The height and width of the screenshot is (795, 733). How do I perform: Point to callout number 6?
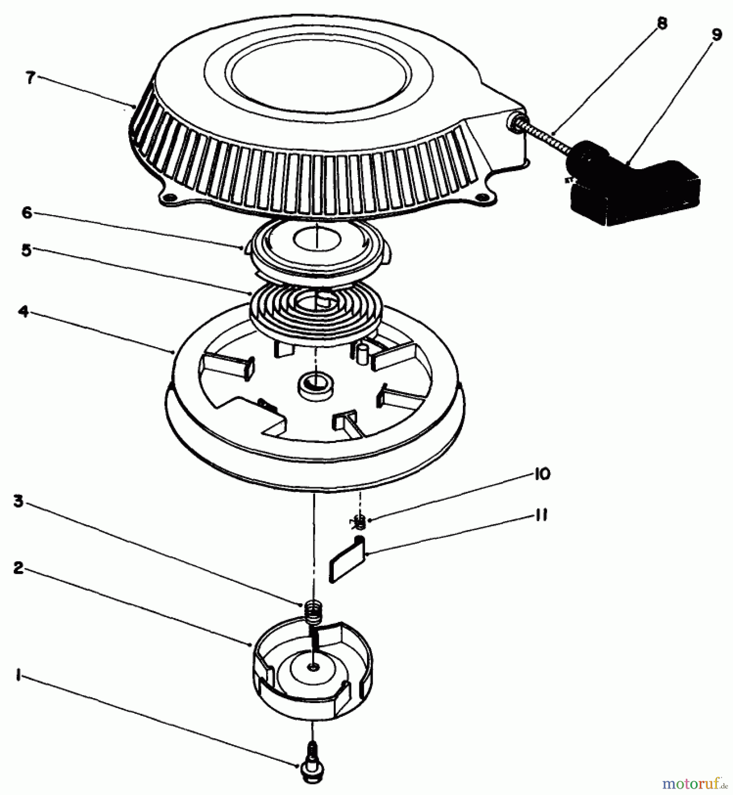[x=27, y=212]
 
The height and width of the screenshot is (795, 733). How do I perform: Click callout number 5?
[x=26, y=251]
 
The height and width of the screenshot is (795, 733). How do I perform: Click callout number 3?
[x=18, y=502]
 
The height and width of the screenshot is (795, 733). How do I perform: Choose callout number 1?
[x=18, y=676]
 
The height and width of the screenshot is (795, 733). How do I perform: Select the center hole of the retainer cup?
[x=314, y=667]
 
